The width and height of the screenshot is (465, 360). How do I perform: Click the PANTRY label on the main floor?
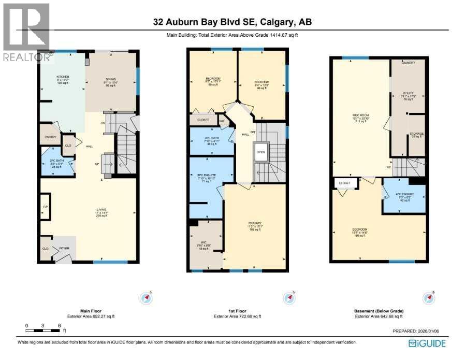(x=50, y=138)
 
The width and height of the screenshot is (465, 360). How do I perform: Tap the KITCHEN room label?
(x=63, y=77)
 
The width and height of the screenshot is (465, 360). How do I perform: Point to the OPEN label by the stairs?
(x=260, y=152)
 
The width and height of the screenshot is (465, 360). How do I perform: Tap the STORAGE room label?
(x=416, y=134)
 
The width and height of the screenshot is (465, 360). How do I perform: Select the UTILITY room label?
(x=408, y=94)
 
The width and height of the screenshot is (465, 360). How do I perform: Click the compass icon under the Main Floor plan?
(x=147, y=298)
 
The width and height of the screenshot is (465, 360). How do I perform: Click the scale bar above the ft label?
(x=44, y=330)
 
